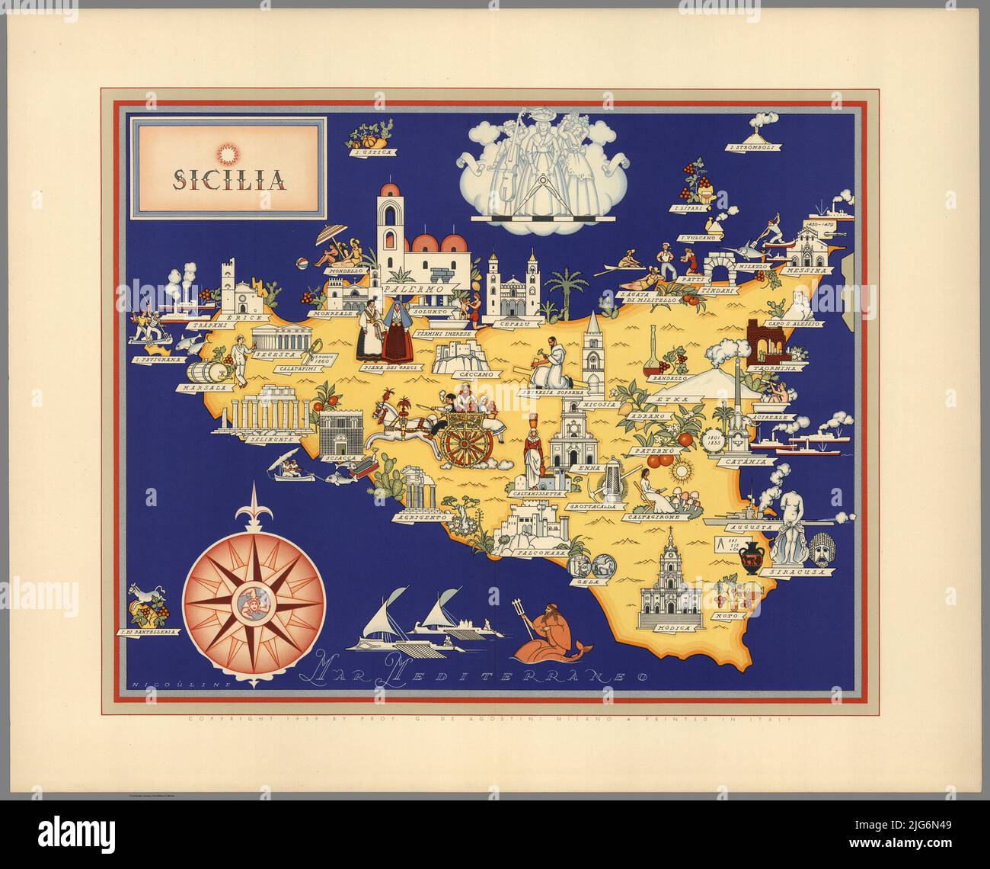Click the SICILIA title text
point(228,180)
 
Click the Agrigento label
point(420,517)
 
